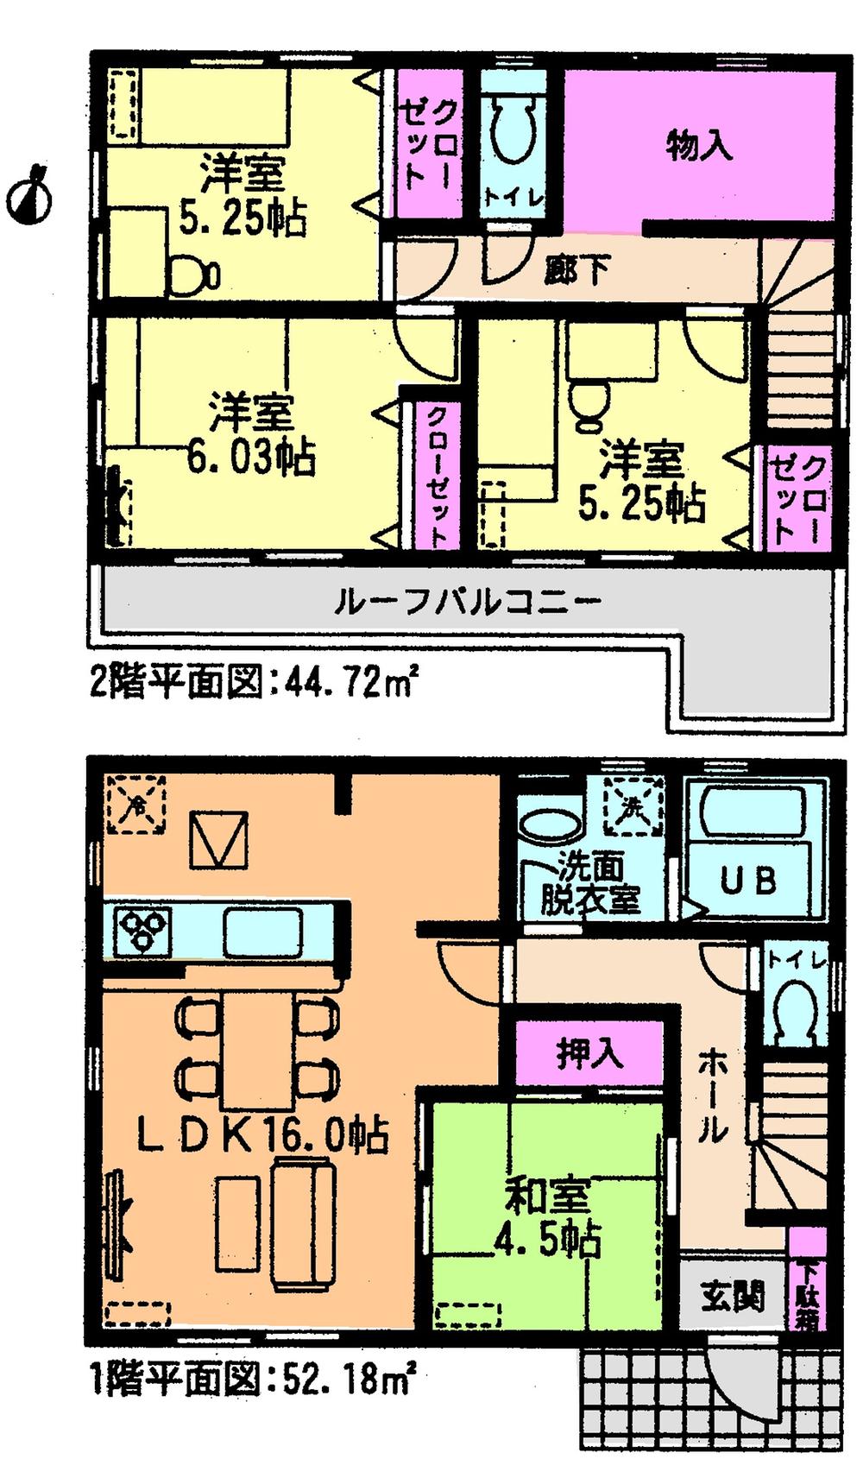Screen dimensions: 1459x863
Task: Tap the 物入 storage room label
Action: [x=699, y=147]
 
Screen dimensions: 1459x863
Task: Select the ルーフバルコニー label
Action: [x=467, y=601]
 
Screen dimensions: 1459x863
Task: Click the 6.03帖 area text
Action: [x=251, y=457]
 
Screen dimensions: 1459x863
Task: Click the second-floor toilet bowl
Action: [x=513, y=134]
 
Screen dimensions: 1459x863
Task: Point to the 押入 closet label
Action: [x=589, y=1054]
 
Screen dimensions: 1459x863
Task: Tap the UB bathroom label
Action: [x=748, y=881]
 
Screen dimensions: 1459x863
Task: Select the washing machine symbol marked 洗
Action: [x=633, y=805]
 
